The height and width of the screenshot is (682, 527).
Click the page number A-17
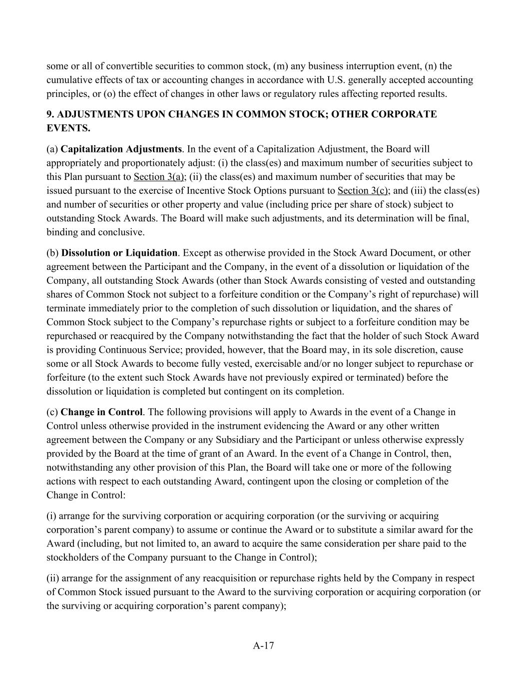[x=263, y=646]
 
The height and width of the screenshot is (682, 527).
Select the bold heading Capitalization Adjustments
[x=121, y=149]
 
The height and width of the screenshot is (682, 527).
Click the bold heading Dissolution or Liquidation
[x=119, y=253]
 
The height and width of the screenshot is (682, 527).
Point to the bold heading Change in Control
[x=101, y=412]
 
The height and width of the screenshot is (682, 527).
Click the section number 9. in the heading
[x=50, y=114]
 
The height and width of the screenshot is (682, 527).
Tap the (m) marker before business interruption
[x=280, y=66]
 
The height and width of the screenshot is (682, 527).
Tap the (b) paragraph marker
[x=52, y=253]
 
